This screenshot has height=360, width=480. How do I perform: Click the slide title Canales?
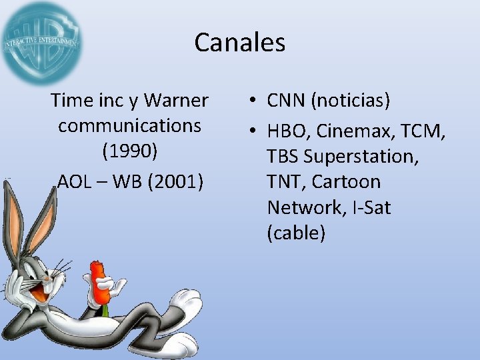tap(240, 43)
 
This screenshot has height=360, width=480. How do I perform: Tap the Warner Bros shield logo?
tap(41, 43)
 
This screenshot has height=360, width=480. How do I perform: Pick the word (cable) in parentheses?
tap(296, 233)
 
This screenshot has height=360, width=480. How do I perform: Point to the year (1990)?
tap(129, 151)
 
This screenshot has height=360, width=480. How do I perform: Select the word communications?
tap(129, 125)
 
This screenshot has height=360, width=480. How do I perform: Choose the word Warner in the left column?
tap(176, 101)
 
